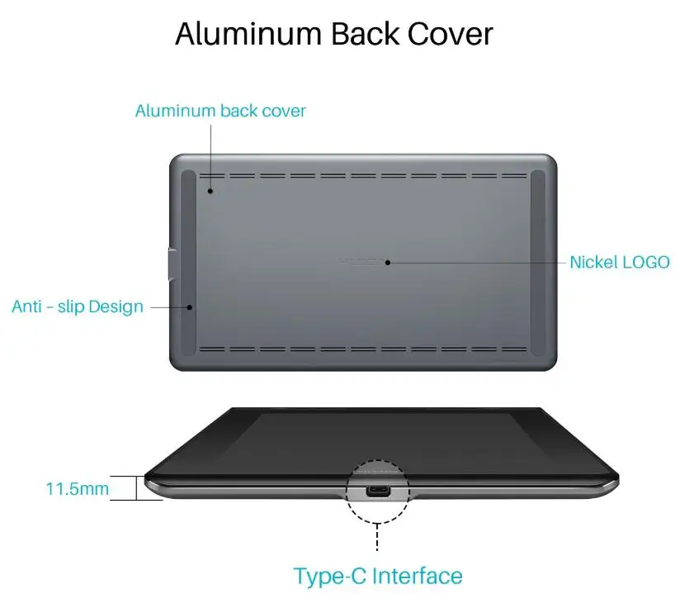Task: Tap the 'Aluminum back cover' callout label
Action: (x=220, y=111)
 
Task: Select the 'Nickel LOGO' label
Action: (x=619, y=262)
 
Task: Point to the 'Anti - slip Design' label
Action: (x=78, y=306)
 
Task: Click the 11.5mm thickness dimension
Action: (x=77, y=488)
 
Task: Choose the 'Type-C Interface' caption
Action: (x=378, y=575)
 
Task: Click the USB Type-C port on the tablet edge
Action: (x=379, y=491)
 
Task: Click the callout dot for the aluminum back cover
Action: (x=210, y=191)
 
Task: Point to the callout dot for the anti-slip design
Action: (x=190, y=306)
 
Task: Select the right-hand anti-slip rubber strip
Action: (x=538, y=262)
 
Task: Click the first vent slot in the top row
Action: (x=212, y=176)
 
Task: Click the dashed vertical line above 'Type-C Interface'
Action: (x=378, y=537)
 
